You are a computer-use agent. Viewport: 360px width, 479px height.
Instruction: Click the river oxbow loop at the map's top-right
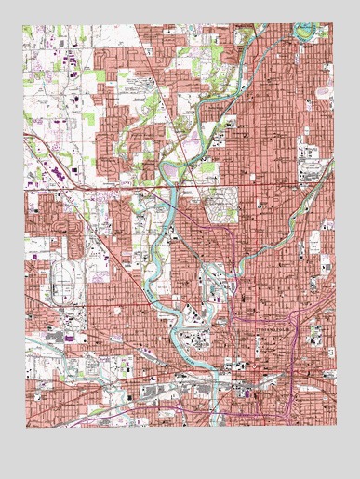[x=303, y=33]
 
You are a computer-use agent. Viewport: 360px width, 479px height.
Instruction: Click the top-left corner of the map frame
[x=23, y=25]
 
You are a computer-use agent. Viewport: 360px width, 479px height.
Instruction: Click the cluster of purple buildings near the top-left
[x=71, y=60]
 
